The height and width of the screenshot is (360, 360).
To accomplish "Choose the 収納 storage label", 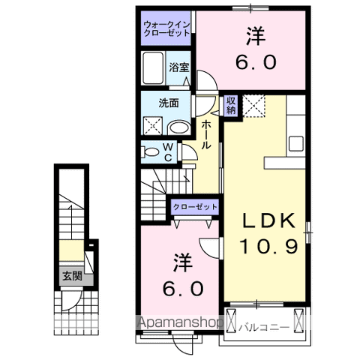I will (231, 105).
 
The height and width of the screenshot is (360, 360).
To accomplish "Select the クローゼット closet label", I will (196, 206).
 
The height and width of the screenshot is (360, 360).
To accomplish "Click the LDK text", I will (270, 221).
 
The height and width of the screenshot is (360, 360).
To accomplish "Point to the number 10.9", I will (270, 245).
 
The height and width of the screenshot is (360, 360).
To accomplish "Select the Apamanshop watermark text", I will (181, 324).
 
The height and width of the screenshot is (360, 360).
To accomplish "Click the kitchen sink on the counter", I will (295, 142).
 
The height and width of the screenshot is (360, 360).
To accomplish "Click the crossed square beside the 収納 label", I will (253, 105).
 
